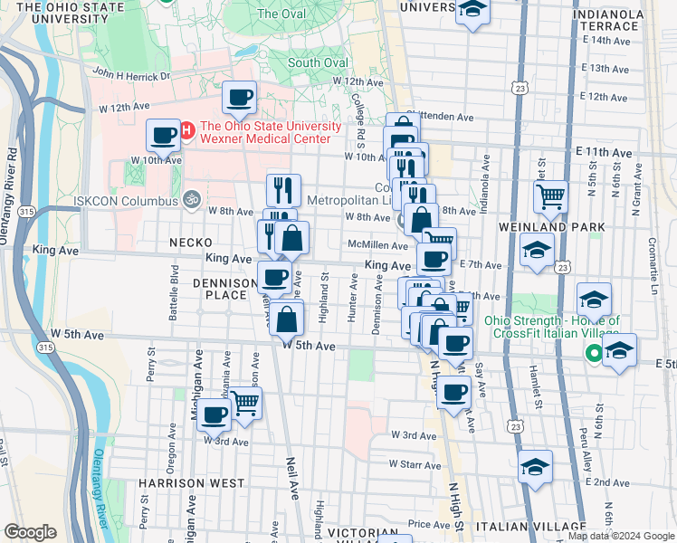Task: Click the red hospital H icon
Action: coord(187,131)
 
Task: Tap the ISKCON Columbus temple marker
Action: coord(191,199)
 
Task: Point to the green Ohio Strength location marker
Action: coord(595,354)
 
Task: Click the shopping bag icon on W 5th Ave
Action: coord(286,319)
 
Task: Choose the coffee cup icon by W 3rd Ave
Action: coord(215,414)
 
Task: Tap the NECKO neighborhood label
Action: coord(190,243)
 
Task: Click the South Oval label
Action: coord(318,62)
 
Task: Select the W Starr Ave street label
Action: coord(414,463)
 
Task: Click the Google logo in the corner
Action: coord(30,532)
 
